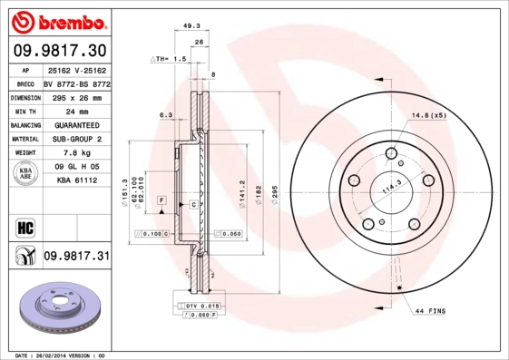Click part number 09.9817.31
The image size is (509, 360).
75,258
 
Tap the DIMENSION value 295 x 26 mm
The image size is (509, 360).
75,95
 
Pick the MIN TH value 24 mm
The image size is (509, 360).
75,110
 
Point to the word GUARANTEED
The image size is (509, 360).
75,124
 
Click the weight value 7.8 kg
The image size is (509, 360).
75,153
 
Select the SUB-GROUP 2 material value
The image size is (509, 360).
75,139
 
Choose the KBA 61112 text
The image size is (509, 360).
75,181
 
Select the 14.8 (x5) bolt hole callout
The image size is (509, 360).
429,116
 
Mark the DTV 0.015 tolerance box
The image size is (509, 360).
202,308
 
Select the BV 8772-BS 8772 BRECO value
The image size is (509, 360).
75,82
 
